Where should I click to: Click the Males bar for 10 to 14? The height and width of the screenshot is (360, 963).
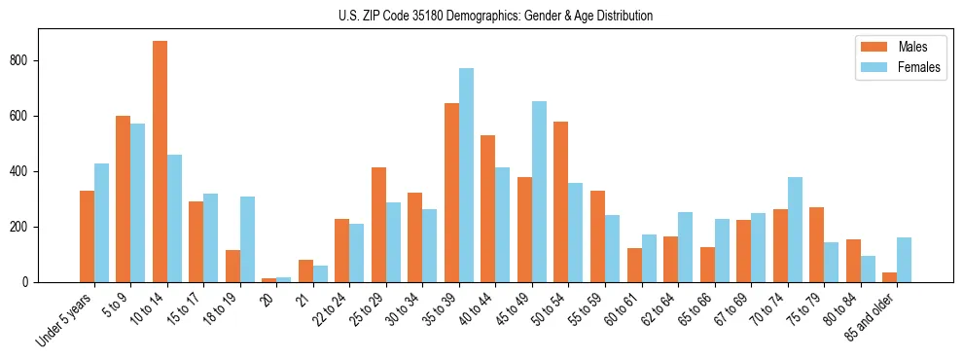click(160, 162)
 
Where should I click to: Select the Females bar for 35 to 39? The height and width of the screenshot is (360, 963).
click(466, 175)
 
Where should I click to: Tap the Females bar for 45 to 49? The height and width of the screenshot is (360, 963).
click(539, 192)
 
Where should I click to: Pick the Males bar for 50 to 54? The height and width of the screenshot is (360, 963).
click(561, 201)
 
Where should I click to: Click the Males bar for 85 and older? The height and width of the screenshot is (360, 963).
click(889, 277)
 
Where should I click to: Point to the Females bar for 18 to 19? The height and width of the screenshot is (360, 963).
click(247, 239)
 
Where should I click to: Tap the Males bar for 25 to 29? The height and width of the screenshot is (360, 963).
click(378, 225)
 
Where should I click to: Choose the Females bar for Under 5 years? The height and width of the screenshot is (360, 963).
click(101, 223)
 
